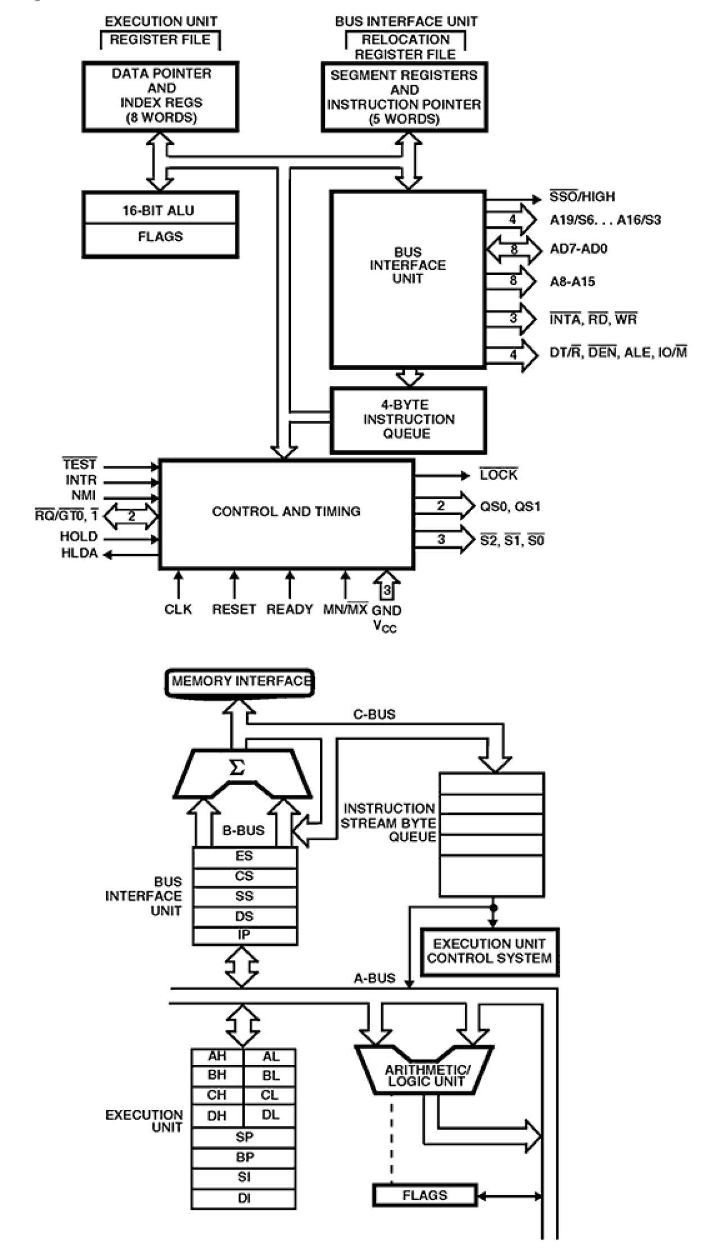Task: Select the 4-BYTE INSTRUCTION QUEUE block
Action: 408,419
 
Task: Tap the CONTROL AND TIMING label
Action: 286,511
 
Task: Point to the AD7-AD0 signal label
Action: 578,249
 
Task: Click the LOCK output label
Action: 499,475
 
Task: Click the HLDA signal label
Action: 79,553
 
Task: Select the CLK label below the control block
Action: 178,610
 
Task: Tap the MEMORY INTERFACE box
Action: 240,682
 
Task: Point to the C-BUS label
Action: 374,714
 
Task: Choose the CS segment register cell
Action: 245,876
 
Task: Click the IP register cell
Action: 245,935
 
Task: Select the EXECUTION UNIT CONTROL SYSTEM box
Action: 489,951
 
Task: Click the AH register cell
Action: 217,1056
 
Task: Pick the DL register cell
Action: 270,1114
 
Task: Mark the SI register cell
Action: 244,1177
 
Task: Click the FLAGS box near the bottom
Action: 425,1195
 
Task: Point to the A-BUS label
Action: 374,978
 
